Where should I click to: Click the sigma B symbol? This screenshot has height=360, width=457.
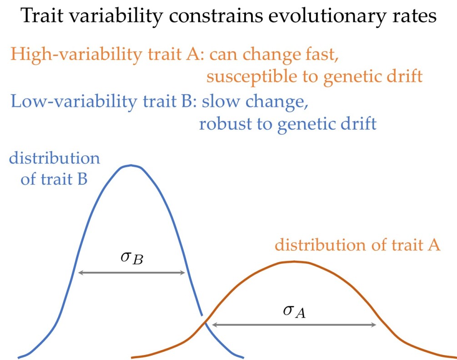pos(132,258)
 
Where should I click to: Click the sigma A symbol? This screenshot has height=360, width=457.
pos(294,311)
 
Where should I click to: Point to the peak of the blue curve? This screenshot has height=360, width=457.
pos(131,165)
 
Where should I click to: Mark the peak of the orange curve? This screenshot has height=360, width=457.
pos(294,262)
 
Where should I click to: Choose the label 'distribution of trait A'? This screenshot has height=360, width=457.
pos(357,244)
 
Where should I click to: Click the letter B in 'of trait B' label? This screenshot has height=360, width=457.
pos(82,179)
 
